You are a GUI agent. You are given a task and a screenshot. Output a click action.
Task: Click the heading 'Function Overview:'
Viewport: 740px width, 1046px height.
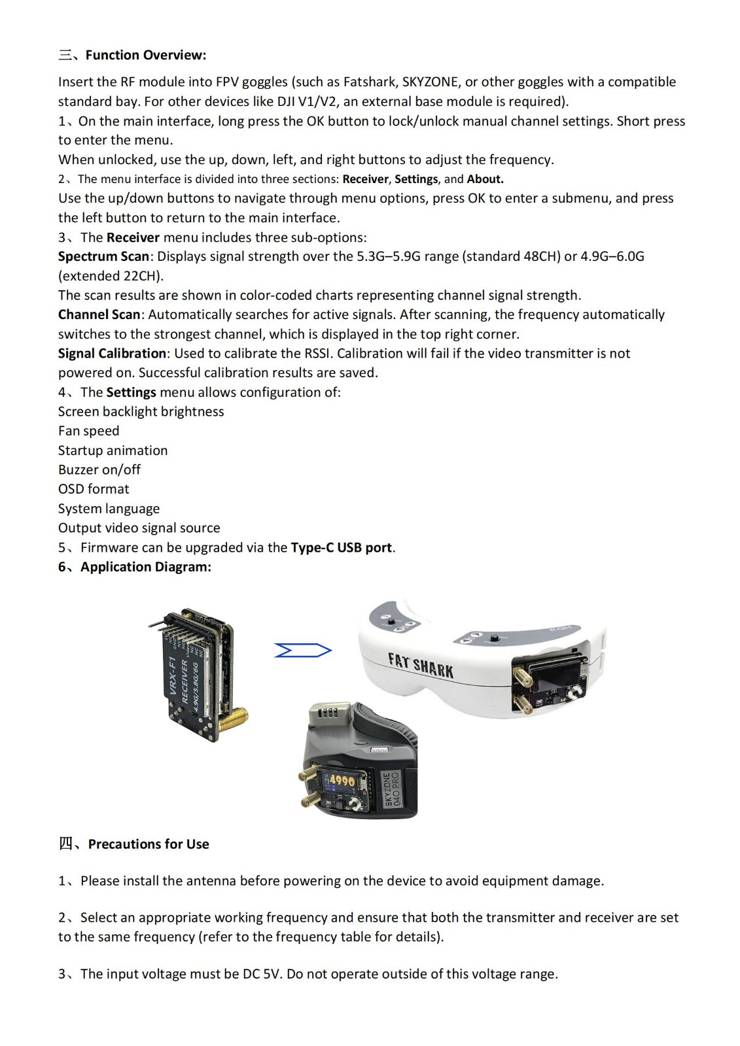pos(145,55)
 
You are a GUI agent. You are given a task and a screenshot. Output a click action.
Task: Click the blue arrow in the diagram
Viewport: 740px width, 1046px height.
pos(303,650)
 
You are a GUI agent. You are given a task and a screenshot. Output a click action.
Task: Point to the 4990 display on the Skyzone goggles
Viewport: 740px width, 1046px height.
pos(342,780)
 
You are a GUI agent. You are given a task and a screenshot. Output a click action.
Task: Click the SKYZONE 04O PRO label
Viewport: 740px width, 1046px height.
pos(391,789)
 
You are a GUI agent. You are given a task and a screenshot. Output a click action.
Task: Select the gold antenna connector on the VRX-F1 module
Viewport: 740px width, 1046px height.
pos(234,719)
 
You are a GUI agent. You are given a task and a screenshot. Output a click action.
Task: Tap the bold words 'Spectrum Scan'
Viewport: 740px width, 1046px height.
pos(103,256)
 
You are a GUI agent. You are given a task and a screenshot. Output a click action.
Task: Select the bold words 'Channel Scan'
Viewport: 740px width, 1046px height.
pos(99,314)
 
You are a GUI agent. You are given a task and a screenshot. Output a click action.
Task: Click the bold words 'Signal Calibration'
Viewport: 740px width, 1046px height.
pos(112,353)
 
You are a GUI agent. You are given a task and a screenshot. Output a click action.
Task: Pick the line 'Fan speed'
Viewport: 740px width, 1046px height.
pos(88,431)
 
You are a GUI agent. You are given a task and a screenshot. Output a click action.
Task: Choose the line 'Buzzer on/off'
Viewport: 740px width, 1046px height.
pos(99,469)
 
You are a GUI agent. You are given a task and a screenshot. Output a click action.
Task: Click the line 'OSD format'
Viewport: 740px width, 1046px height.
pos(94,489)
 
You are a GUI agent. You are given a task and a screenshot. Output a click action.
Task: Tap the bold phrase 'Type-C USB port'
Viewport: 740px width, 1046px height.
pos(342,547)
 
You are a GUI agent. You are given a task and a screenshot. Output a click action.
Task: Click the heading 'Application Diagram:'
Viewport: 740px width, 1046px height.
pos(145,567)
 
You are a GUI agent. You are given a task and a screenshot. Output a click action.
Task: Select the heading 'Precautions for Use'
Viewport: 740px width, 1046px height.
pos(149,844)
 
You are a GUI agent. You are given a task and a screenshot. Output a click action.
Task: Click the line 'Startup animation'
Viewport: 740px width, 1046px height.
pos(113,450)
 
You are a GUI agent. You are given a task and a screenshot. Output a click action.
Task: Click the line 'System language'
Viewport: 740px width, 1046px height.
pos(109,509)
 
